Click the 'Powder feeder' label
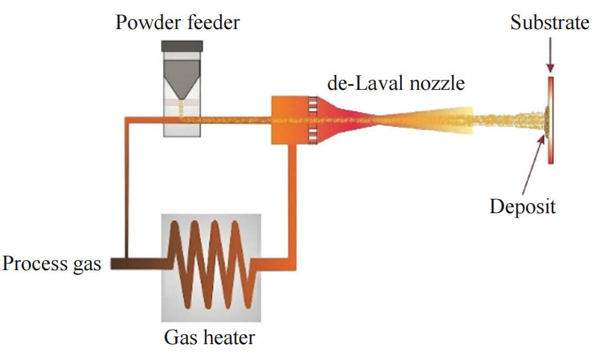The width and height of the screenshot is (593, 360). coord(178,23)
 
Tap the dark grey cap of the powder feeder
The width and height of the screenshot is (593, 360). coord(182,46)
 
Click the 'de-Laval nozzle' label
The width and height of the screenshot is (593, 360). coord(396,82)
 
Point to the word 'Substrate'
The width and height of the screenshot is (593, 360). coord(550,23)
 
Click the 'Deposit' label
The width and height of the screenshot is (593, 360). coord(523,206)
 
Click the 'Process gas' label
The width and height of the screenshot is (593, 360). coord(52,263)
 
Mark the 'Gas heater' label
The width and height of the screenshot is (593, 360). coord(209,337)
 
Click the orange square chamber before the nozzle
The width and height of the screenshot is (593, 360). coord(289,120)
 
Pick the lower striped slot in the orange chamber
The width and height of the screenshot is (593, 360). coord(312,133)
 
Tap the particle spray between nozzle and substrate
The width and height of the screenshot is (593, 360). coord(506,120)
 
